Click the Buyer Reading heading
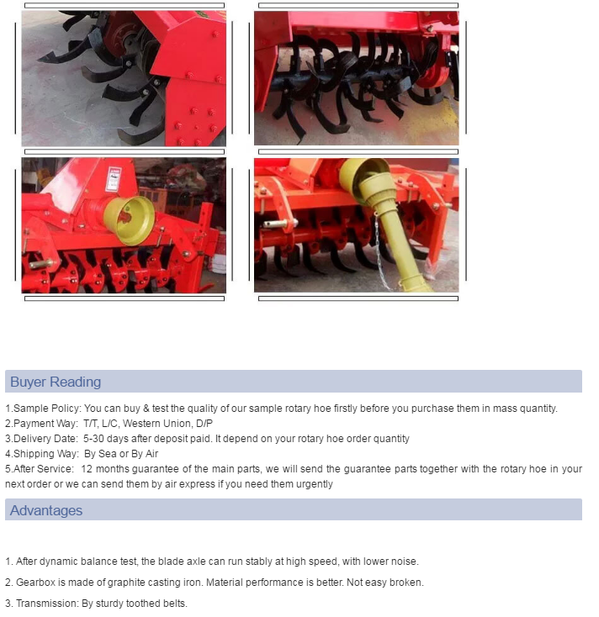[56, 382]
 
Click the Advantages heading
[46, 510]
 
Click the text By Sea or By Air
[121, 454]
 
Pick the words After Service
[43, 469]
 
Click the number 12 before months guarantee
[87, 469]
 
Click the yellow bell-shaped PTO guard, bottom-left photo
[130, 219]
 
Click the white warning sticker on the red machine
[114, 179]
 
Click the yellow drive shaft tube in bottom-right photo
[395, 244]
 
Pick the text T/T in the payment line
[90, 424]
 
